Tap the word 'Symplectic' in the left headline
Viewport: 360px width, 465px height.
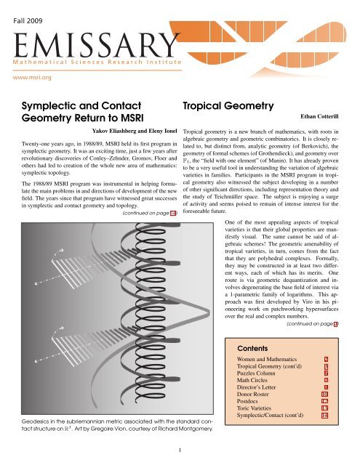coord(49,107)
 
